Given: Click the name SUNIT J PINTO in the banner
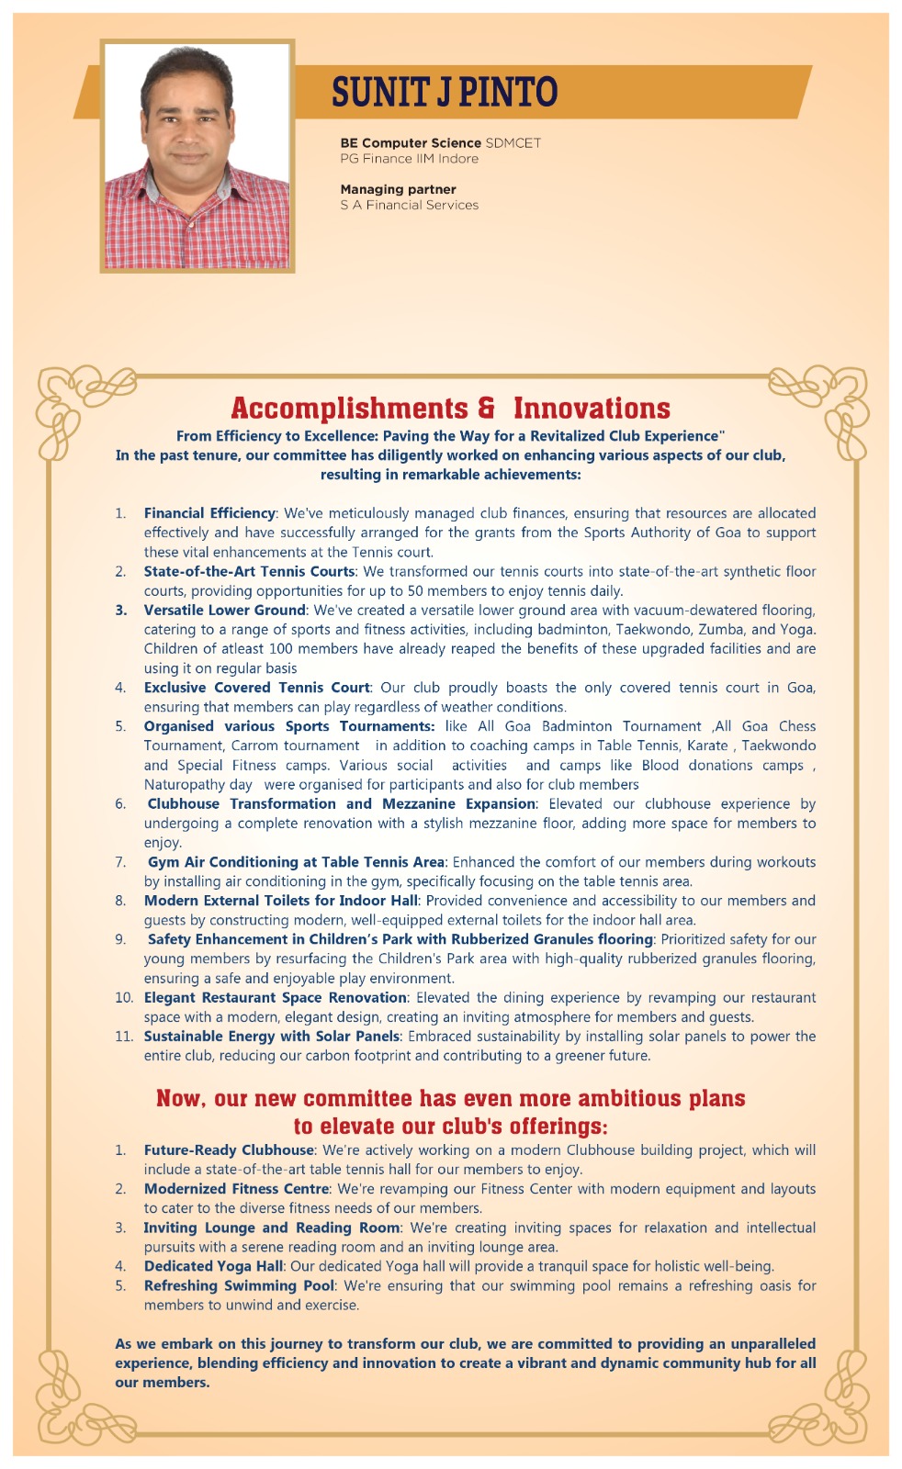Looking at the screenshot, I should [x=445, y=92].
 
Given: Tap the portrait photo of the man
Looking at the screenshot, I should [x=197, y=156].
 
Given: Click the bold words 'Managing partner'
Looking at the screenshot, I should [x=398, y=189].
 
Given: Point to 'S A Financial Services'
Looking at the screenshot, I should [x=409, y=206].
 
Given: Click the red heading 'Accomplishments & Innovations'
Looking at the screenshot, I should [x=450, y=408].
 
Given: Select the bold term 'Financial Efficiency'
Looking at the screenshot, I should [x=209, y=513].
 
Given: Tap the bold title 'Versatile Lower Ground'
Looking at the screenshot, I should [x=224, y=611].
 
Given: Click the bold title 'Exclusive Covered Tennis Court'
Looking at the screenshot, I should [x=256, y=688].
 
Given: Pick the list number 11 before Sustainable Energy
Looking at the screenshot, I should [x=124, y=1037].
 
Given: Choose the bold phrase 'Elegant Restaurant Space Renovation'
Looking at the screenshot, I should [x=275, y=998].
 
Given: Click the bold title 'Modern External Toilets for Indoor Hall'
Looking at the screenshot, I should [x=280, y=901].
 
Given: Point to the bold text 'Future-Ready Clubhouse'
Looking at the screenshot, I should [x=229, y=1150].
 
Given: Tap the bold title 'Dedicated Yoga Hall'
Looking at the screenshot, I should [x=213, y=1267].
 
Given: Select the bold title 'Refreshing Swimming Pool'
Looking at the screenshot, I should [x=239, y=1286].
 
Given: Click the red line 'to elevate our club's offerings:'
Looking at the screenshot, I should [x=450, y=1127].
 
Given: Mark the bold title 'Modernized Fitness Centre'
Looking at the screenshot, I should [x=236, y=1189].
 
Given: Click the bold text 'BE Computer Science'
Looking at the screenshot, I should [x=411, y=143].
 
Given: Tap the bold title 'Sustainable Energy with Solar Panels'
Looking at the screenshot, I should [x=272, y=1037].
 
